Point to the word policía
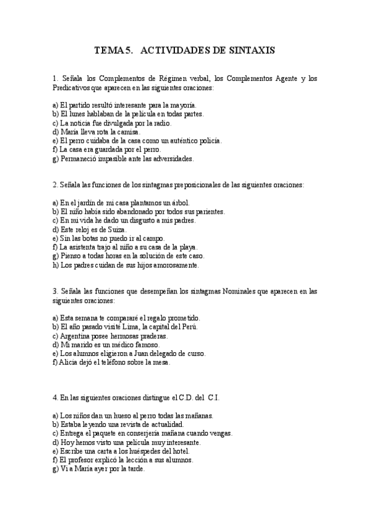point(207,140)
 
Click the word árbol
point(179,203)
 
